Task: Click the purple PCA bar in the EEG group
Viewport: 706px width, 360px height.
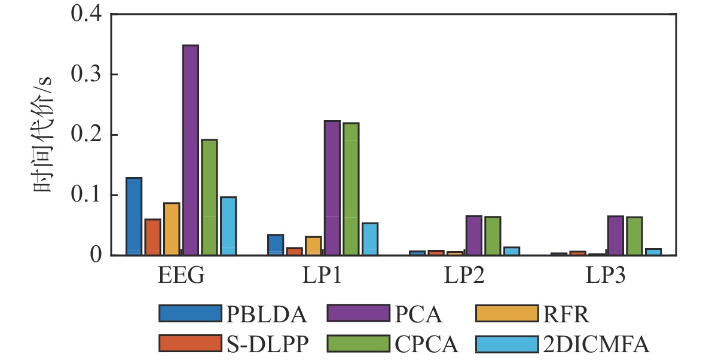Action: coord(191,150)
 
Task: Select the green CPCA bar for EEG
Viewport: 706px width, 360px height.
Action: coord(209,197)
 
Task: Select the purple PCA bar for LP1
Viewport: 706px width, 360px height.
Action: coord(332,188)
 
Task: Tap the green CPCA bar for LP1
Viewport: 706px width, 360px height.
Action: coord(351,189)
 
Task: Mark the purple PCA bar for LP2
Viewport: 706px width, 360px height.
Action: coord(473,236)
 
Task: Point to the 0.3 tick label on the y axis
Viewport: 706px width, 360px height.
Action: coord(87,74)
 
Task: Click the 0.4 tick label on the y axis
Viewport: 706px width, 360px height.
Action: coord(87,14)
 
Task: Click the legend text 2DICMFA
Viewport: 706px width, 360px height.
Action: coord(595,343)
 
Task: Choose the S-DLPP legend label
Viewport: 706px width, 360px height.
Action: coord(266,343)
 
